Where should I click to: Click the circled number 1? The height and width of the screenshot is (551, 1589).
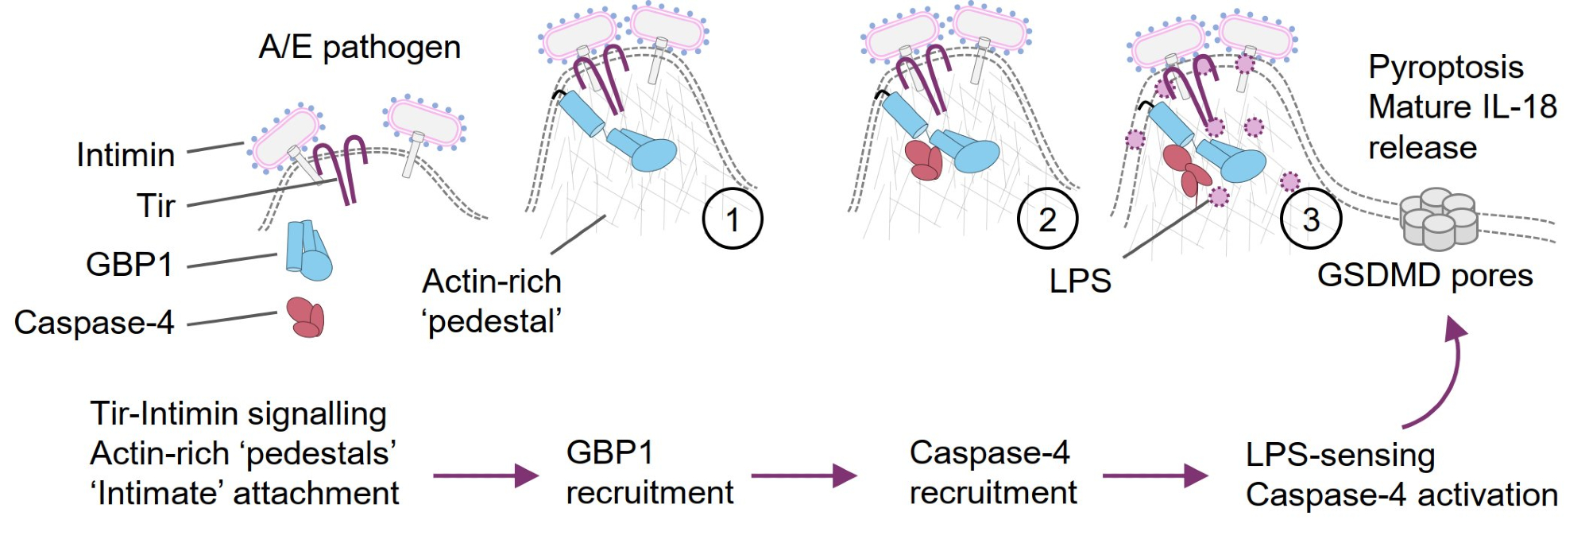733,219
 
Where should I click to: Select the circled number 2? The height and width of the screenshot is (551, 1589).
1047,219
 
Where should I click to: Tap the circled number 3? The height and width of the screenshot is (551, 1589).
1311,219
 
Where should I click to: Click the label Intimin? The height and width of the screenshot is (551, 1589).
126,155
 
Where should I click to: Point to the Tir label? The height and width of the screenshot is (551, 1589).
156,206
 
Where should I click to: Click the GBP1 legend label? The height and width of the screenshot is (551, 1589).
130,265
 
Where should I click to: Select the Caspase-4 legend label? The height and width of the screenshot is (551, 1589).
94,323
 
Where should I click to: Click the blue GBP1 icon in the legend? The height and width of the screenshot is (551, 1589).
308,250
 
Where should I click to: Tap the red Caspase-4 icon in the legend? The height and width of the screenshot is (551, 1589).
306,317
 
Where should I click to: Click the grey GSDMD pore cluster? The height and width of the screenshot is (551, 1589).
1438,218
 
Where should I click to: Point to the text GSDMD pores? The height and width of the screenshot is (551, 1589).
1425,276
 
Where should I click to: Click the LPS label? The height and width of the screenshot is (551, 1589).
1080,281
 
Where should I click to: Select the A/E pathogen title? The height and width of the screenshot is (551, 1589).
360,48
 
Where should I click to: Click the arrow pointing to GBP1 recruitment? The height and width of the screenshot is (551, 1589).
485,475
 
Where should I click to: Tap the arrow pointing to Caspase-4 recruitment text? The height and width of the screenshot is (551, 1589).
803,475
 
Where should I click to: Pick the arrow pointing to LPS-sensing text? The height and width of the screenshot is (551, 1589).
1155,475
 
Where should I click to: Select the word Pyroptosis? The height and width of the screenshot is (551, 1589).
1446,68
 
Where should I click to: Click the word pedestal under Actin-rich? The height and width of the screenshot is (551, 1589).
493,322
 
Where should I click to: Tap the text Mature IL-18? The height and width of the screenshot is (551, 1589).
1462,107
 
